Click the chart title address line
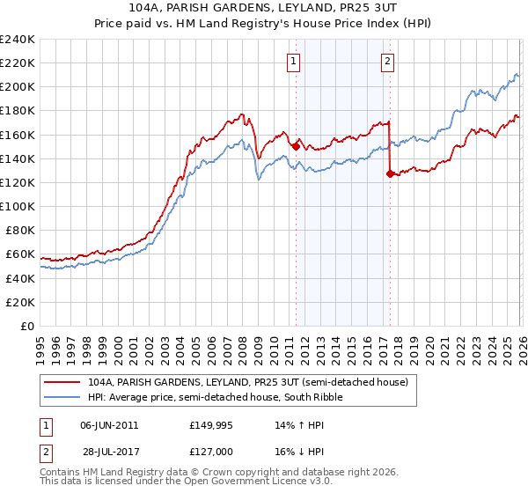(263, 8)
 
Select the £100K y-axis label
(18, 206)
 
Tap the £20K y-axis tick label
(20, 302)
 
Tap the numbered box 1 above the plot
(293, 61)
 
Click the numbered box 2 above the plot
(387, 61)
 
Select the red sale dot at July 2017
(390, 174)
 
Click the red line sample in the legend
(62, 383)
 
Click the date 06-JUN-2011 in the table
(109, 424)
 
